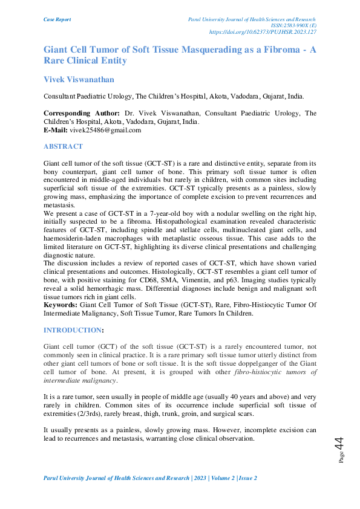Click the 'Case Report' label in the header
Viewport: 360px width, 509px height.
pos(57,19)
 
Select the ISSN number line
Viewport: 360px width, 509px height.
pos(294,25)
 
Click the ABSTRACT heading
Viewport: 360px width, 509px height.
pos(63,147)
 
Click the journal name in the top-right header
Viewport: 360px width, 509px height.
pos(254,19)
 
